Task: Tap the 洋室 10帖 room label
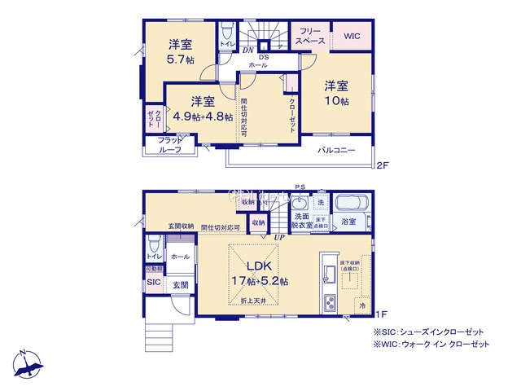[336, 92]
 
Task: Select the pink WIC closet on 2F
[352, 37]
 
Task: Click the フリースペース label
[310, 37]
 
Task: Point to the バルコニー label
[335, 151]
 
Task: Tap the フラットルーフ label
[171, 145]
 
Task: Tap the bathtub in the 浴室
[352, 202]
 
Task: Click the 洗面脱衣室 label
[301, 222]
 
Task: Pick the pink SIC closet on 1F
[153, 282]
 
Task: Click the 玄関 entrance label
[180, 285]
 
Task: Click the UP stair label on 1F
[279, 236]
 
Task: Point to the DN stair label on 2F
[247, 50]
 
